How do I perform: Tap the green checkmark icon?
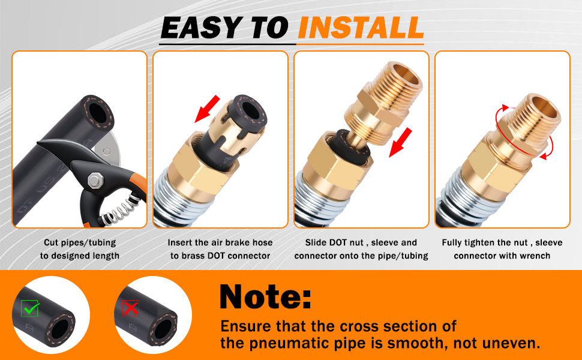[x=30, y=308]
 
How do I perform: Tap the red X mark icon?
[x=131, y=308]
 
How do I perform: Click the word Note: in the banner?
[x=265, y=297]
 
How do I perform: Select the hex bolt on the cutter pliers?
[x=95, y=179]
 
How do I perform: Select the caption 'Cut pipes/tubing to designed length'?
[x=80, y=249]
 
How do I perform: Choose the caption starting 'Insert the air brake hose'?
[x=220, y=249]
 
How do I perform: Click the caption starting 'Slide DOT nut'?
[x=361, y=249]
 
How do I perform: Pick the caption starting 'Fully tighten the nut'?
[x=502, y=249]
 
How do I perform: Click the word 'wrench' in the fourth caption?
[x=535, y=256]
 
